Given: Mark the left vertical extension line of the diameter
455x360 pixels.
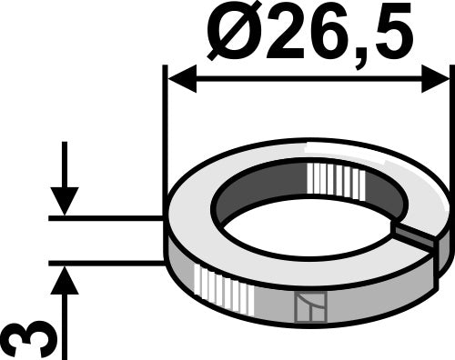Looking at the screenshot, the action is (164, 136).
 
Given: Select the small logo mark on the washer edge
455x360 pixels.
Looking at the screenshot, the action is (307, 309).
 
